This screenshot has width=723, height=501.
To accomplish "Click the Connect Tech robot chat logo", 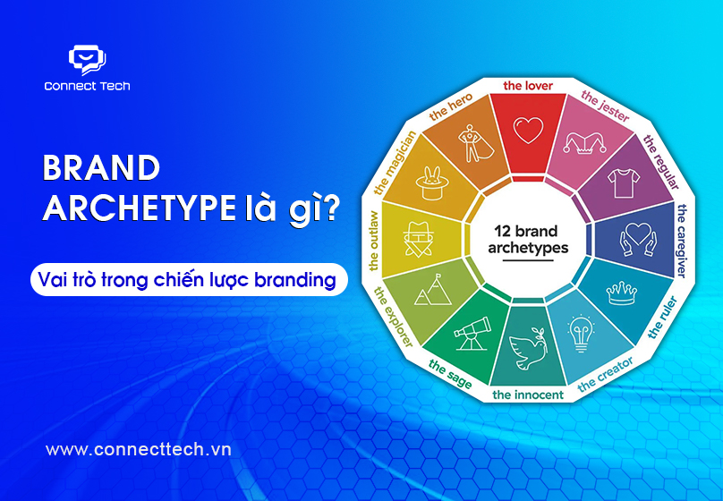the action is [87, 59].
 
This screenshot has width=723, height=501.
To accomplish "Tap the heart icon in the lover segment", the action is [529, 131].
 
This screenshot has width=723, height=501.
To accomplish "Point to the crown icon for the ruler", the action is [622, 293].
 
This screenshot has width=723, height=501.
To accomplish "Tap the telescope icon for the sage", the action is [472, 333].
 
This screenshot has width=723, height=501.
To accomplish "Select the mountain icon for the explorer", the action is [433, 290].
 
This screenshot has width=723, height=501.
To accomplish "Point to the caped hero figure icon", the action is [475, 143].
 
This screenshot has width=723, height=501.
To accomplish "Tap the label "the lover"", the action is [528, 86].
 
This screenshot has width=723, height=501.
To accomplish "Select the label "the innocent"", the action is [528, 395].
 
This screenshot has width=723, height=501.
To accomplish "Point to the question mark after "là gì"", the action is [327, 208].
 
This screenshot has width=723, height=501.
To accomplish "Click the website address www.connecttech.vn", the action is [139, 449].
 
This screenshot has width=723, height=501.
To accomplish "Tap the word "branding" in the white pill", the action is [295, 280].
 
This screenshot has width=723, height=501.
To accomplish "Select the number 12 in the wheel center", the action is [502, 231].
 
